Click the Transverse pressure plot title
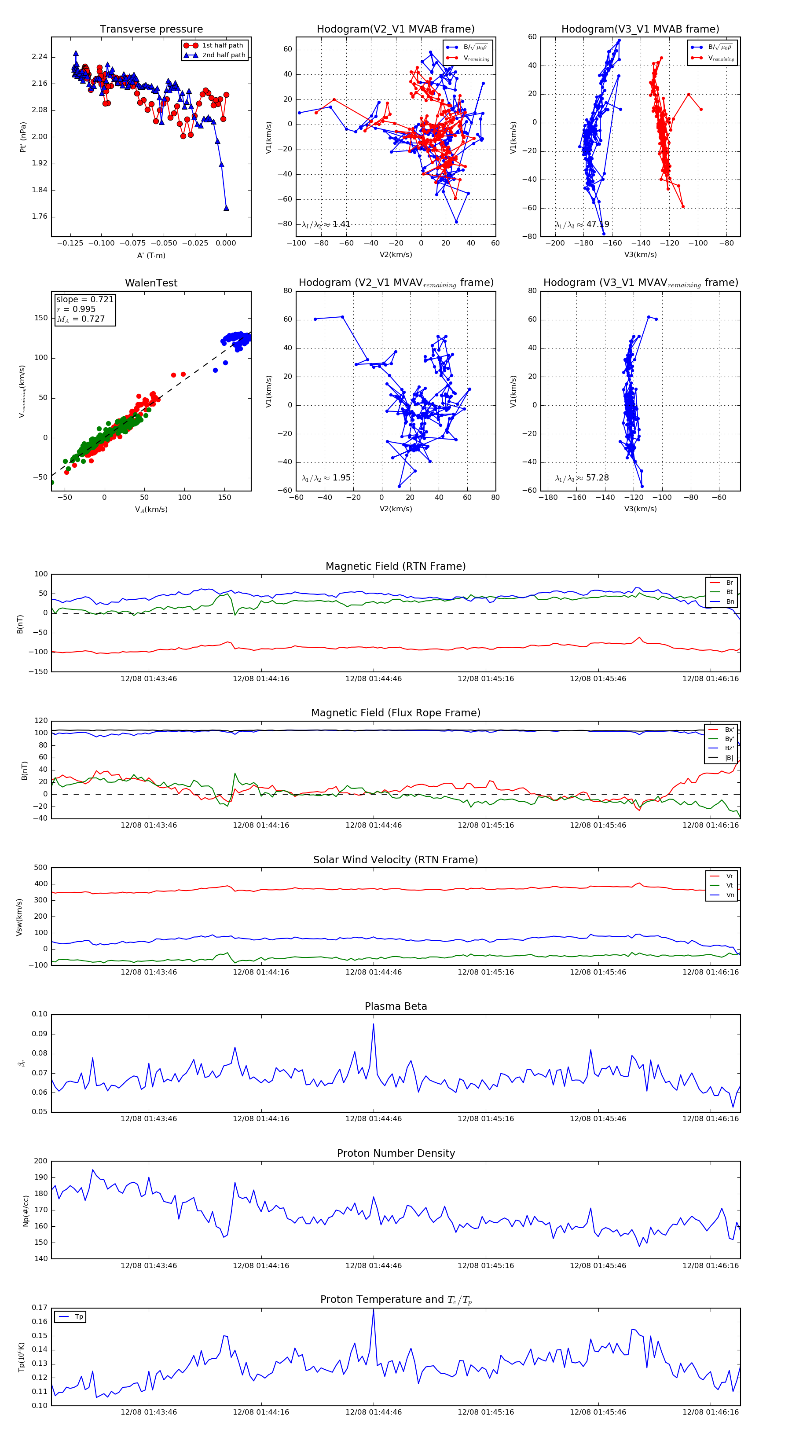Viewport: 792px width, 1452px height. [x=151, y=29]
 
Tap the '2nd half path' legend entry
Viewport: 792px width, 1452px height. [x=223, y=55]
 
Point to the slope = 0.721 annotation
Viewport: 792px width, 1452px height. [x=84, y=299]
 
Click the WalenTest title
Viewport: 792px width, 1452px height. [x=151, y=283]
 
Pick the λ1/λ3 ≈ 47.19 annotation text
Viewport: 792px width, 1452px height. [x=582, y=224]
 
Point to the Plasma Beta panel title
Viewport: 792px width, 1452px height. [x=396, y=1007]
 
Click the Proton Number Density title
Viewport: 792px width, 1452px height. [x=396, y=1153]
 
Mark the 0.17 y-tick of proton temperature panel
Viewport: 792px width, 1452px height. [x=40, y=1308]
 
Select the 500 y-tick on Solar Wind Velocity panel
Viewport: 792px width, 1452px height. [x=40, y=868]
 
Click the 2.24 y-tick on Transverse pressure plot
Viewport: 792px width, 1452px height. [x=40, y=57]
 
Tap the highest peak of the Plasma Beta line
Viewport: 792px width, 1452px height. [x=373, y=1024]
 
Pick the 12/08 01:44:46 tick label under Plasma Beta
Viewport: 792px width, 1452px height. [x=373, y=1119]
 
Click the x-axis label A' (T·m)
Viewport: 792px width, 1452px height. [x=151, y=255]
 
